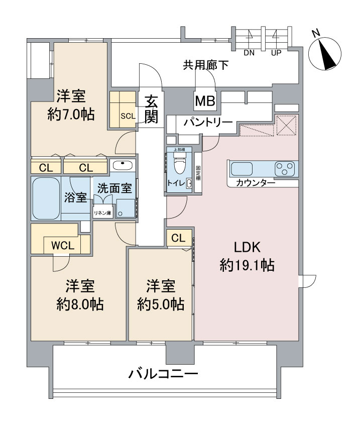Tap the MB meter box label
click(x=205, y=102)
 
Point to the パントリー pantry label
click(x=207, y=123)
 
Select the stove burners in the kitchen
click(x=286, y=168)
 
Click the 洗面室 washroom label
click(x=114, y=189)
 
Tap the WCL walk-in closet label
click(x=63, y=246)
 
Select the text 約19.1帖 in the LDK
click(x=247, y=265)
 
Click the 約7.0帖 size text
click(x=71, y=115)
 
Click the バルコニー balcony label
click(x=163, y=374)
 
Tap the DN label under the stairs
click(x=249, y=52)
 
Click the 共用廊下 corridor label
click(x=205, y=64)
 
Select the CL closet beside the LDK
click(x=178, y=238)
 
